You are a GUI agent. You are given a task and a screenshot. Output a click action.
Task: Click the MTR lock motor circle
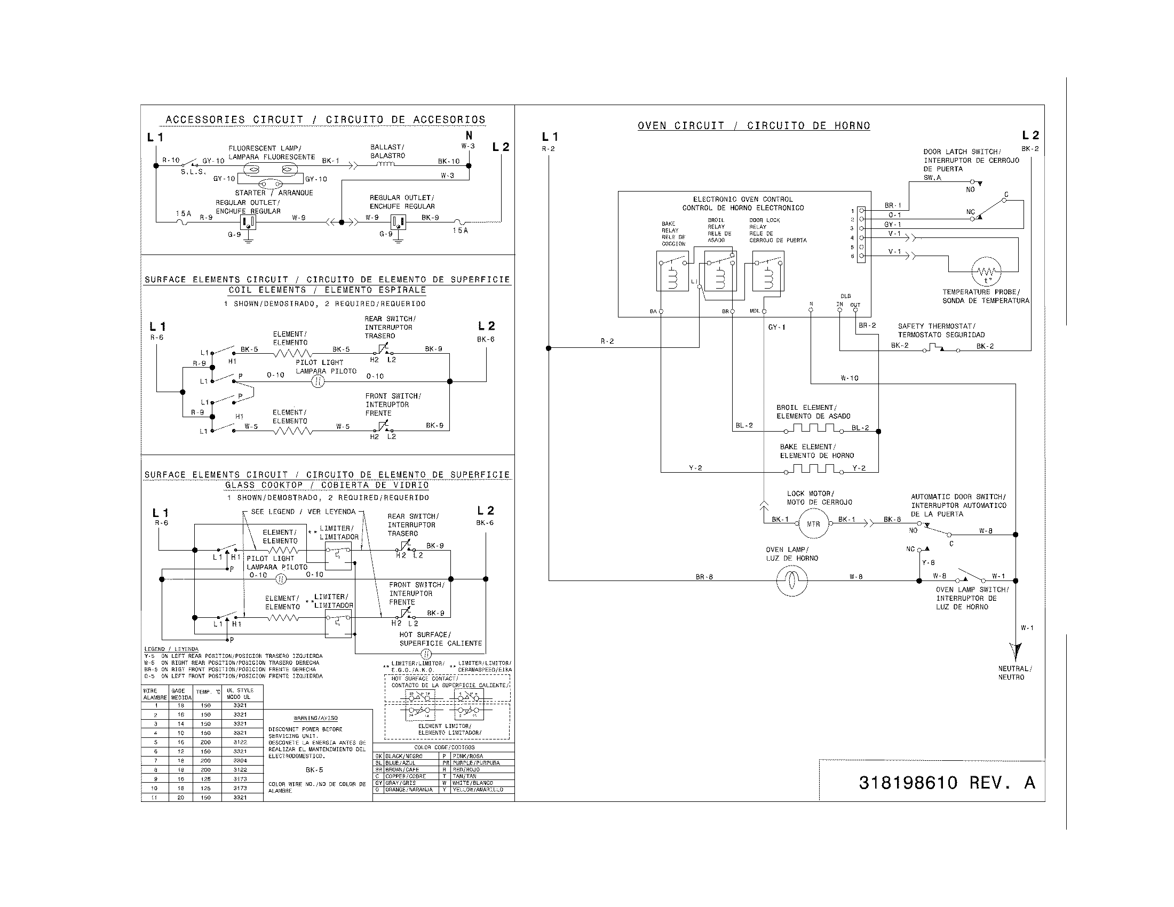click(x=813, y=523)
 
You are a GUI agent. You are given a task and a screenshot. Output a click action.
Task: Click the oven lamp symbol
click(x=792, y=580)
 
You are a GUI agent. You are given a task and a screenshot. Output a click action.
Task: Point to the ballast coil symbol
click(x=386, y=164)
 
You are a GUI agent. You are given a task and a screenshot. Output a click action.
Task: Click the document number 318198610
click(x=908, y=782)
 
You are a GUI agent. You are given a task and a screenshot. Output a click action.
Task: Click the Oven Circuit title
click(x=753, y=126)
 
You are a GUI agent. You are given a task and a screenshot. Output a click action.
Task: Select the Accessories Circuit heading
click(x=325, y=120)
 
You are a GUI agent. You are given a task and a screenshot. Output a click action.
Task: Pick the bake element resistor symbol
click(x=813, y=469)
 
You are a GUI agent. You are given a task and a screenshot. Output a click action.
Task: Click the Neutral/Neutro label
click(x=1014, y=673)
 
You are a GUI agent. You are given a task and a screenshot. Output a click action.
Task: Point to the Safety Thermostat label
click(x=941, y=330)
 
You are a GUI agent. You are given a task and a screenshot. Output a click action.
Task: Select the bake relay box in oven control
click(x=672, y=271)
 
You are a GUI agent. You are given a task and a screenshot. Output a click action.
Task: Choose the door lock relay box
click(x=768, y=271)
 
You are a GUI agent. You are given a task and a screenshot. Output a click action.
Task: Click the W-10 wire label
click(x=850, y=378)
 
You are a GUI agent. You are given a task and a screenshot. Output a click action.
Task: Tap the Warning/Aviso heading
click(x=315, y=718)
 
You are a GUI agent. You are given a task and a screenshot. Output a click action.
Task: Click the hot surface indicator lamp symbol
click(x=426, y=654)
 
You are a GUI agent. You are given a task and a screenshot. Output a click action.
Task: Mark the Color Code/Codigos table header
click(x=444, y=747)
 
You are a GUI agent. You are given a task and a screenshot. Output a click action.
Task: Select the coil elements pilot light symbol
click(x=318, y=381)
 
